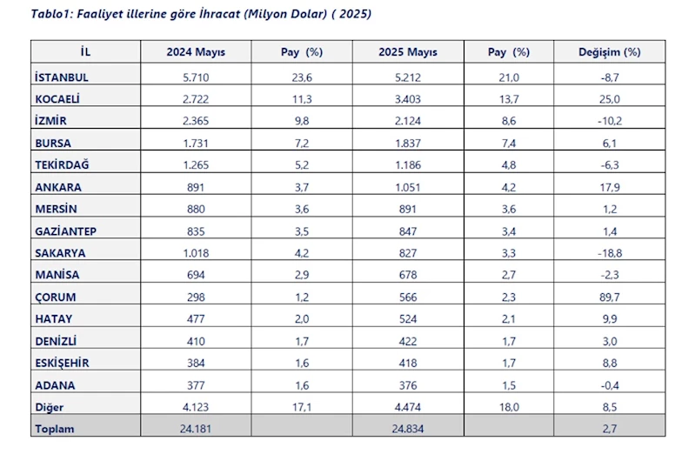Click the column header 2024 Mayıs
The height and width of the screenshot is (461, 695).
click(196, 52)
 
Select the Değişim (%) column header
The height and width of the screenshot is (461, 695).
click(610, 52)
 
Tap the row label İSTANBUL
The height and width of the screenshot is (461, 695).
click(62, 77)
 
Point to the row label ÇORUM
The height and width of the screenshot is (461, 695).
click(56, 297)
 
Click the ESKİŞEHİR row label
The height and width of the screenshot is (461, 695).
click(62, 363)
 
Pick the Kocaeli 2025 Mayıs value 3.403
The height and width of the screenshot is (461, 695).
click(408, 99)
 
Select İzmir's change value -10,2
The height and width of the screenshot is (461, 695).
click(610, 121)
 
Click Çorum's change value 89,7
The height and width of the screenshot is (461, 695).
click(610, 297)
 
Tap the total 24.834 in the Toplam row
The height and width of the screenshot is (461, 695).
click(408, 429)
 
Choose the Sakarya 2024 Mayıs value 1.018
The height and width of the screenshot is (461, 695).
click(196, 253)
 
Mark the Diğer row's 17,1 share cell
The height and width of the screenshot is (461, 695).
click(302, 407)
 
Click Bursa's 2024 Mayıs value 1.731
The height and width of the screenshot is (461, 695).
click(196, 144)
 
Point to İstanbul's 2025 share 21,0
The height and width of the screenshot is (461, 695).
click(509, 77)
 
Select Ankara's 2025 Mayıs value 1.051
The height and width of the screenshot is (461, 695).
click(408, 187)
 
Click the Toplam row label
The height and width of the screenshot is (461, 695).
click(55, 429)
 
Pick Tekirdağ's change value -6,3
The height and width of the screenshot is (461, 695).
click(610, 165)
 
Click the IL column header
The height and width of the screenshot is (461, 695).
click(85, 52)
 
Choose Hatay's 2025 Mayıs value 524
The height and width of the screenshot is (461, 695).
click(408, 318)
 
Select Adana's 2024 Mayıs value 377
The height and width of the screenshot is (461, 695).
click(196, 385)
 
